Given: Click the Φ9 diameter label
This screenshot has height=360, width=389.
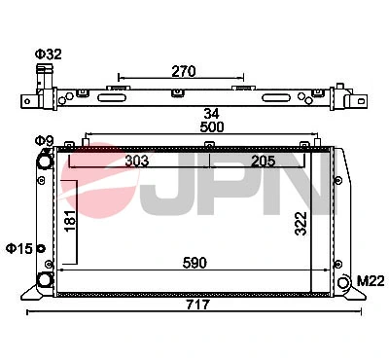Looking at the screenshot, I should point(44,142).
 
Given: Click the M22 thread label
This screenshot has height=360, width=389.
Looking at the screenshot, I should point(370,281).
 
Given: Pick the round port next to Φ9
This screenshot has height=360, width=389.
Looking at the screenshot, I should point(44,160).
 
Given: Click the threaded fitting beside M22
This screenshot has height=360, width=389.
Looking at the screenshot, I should point(346,282).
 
